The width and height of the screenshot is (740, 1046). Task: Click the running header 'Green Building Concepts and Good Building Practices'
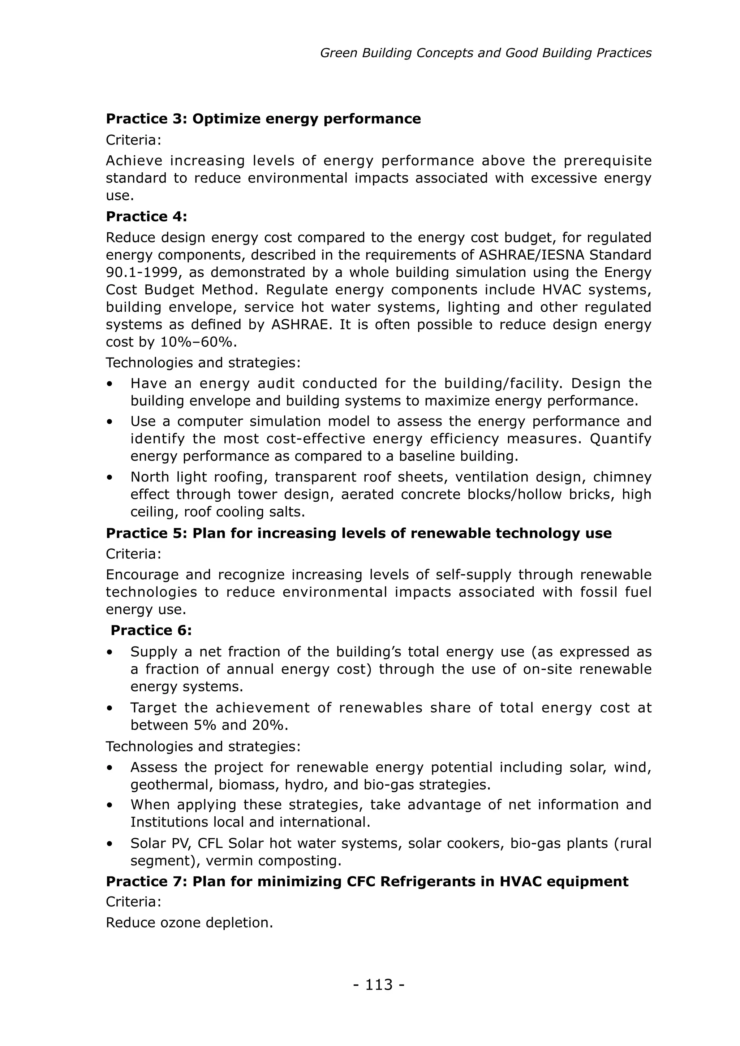pyautogui.click(x=485, y=53)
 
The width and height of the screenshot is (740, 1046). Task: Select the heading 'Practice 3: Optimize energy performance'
pyautogui.click(x=263, y=119)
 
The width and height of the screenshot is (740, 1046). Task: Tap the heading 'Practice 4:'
pyautogui.click(x=146, y=217)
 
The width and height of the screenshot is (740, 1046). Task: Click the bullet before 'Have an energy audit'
pyautogui.click(x=109, y=384)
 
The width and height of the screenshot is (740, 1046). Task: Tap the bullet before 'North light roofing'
pyautogui.click(x=109, y=477)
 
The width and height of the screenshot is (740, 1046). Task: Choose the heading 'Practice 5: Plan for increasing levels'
pyautogui.click(x=358, y=533)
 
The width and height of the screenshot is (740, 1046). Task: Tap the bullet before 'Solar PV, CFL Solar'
pyautogui.click(x=109, y=844)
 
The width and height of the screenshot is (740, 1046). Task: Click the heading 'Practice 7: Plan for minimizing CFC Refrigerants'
pyautogui.click(x=367, y=882)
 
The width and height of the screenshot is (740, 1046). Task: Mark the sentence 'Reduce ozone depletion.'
pyautogui.click(x=189, y=922)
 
